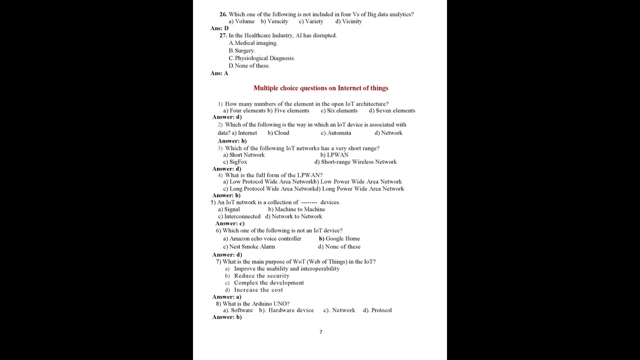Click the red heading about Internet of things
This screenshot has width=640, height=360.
pyautogui.click(x=320, y=88)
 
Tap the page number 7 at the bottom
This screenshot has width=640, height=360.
pyautogui.click(x=320, y=332)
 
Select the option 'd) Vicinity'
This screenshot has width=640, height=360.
pyautogui.click(x=348, y=21)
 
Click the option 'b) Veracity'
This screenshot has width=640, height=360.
pyautogui.click(x=274, y=21)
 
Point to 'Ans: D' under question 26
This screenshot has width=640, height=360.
pyautogui.click(x=219, y=28)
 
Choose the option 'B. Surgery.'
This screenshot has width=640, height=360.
pyautogui.click(x=242, y=50)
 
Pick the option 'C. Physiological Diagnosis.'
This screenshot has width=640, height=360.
pyautogui.click(x=261, y=58)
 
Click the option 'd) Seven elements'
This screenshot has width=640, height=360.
pyautogui.click(x=392, y=110)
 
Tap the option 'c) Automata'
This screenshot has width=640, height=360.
pyautogui.click(x=335, y=133)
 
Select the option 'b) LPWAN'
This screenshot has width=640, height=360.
pyautogui.click(x=334, y=155)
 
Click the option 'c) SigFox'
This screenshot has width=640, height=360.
pyautogui.click(x=235, y=162)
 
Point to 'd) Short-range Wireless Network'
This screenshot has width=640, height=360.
pyautogui.click(x=355, y=162)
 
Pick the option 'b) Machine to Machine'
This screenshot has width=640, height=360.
pyautogui.click(x=296, y=209)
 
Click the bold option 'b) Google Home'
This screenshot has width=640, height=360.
pyautogui.click(x=339, y=239)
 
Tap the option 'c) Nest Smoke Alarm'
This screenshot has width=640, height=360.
pyautogui.click(x=249, y=246)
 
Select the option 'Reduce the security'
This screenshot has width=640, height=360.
pyautogui.click(x=261, y=276)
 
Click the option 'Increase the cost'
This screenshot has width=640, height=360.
pyautogui.click(x=258, y=290)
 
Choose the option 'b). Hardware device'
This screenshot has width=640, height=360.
pyautogui.click(x=286, y=310)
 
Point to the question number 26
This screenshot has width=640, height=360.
pyautogui.click(x=223, y=14)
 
